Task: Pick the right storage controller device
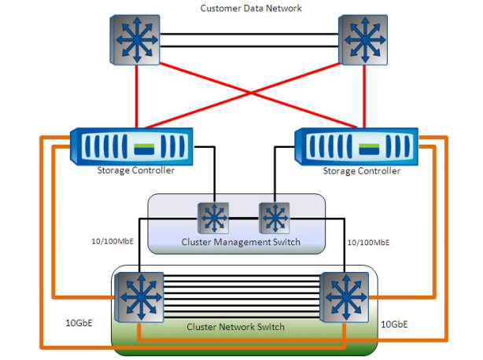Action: click(358, 147)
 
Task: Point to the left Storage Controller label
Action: click(131, 170)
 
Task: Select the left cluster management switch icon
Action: click(213, 215)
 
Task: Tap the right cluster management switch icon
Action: click(274, 216)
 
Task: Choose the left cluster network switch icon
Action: click(139, 297)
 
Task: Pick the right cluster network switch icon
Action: click(344, 297)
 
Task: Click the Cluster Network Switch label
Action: click(240, 325)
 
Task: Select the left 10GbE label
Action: click(77, 321)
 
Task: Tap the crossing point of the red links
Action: click(250, 94)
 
